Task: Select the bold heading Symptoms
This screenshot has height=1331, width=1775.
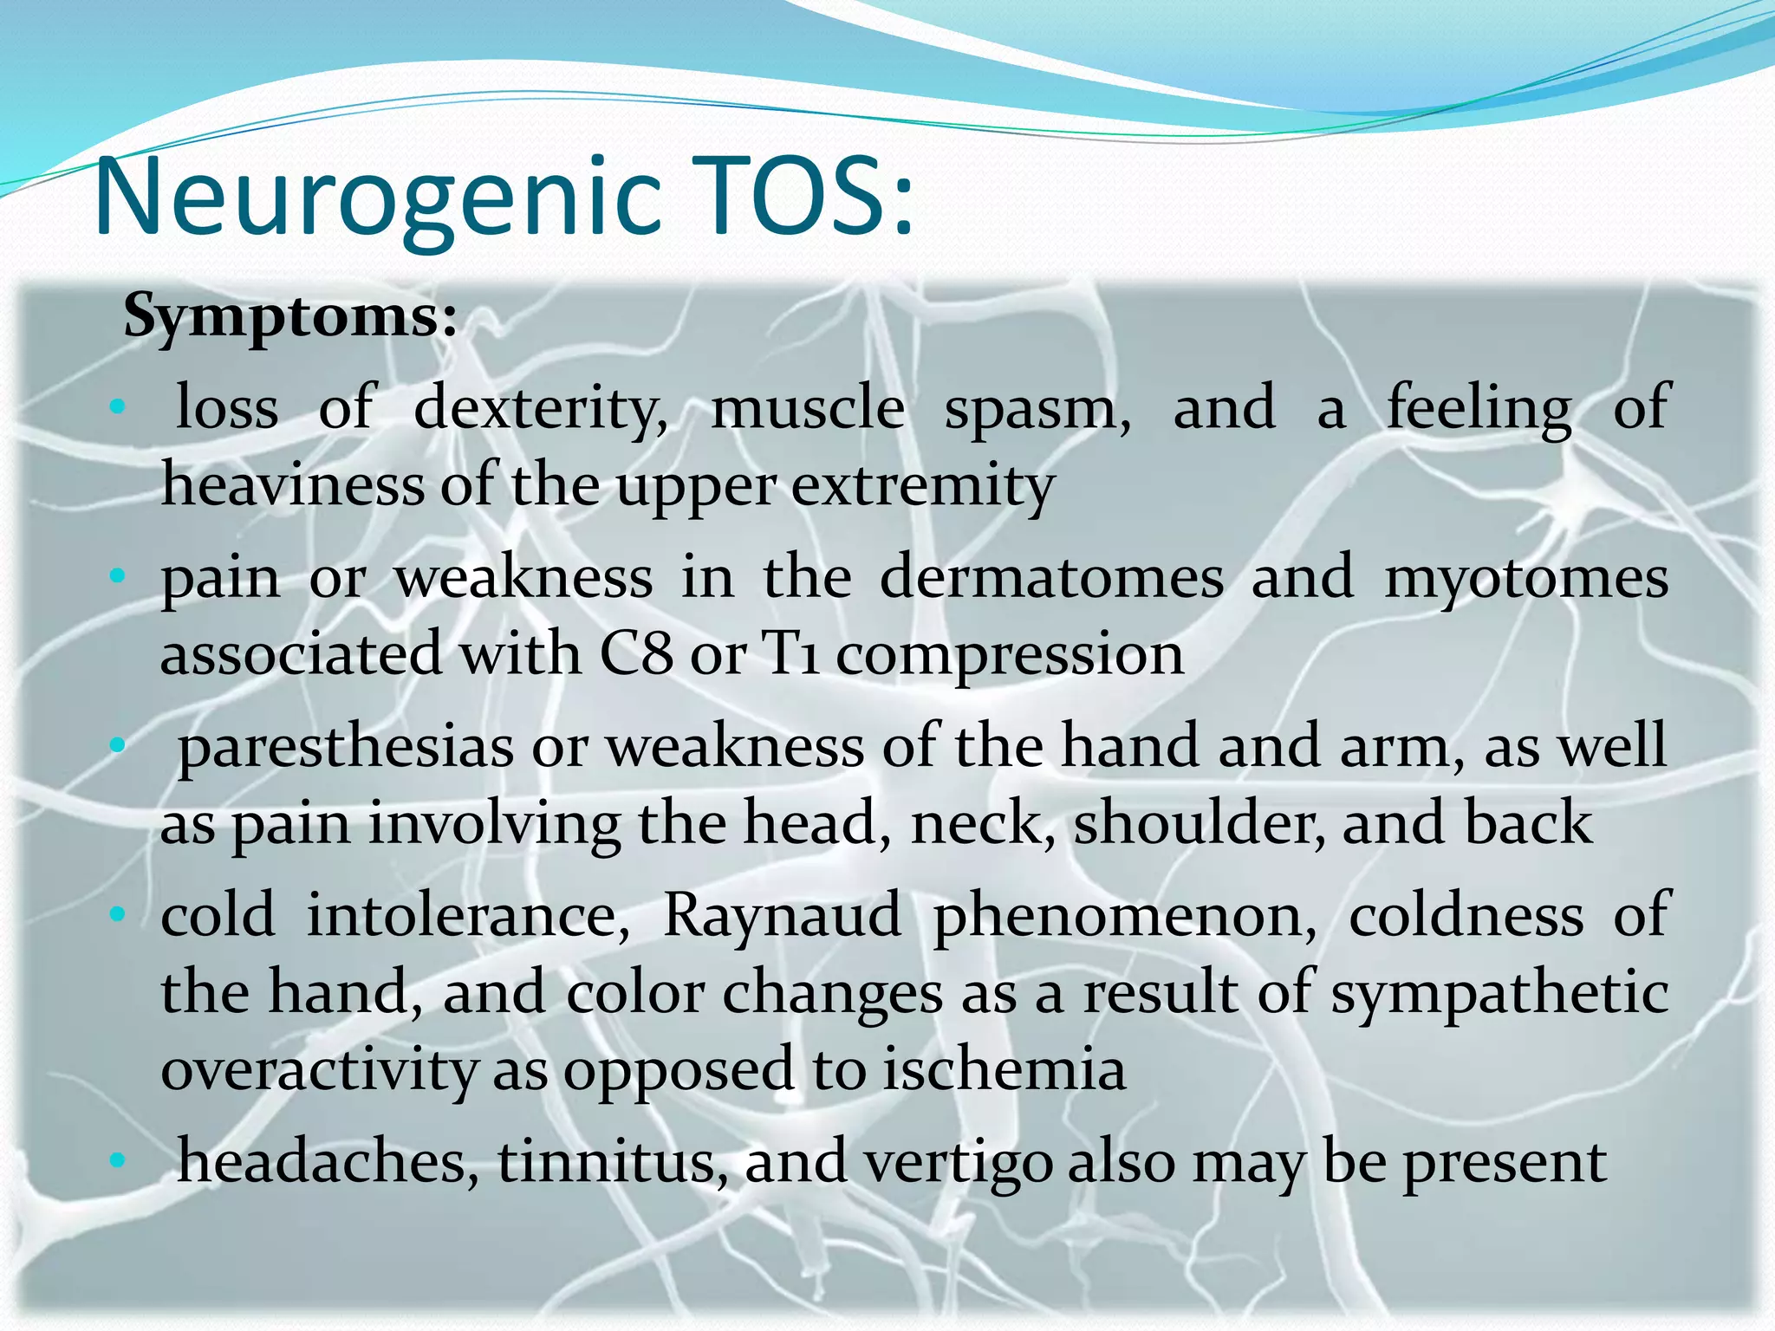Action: coord(289,317)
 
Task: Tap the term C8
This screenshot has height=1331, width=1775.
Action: coord(636,654)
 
